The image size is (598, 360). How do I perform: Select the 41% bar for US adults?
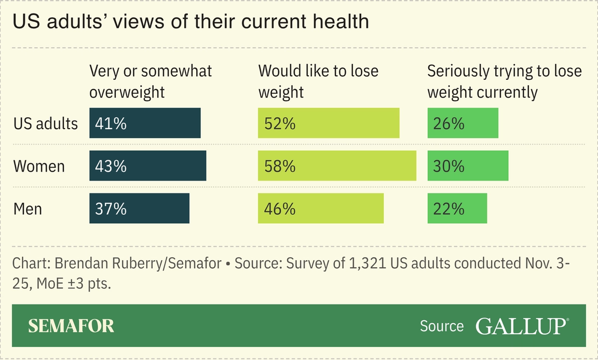click(x=145, y=123)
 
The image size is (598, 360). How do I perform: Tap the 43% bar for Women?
click(x=147, y=166)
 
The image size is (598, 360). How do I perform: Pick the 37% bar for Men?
click(x=139, y=209)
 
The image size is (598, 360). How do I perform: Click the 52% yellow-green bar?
click(x=329, y=123)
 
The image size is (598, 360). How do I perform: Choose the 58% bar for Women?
click(x=337, y=166)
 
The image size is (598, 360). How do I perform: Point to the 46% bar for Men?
click(x=321, y=209)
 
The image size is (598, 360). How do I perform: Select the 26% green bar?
click(x=463, y=123)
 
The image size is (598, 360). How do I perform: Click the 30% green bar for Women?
click(x=468, y=166)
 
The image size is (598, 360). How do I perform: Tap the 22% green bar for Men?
click(x=457, y=209)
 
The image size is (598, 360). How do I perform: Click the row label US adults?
click(x=45, y=123)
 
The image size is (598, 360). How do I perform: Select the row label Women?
click(x=39, y=167)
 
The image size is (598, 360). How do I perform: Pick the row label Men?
click(x=28, y=209)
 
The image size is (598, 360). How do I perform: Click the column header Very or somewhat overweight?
click(x=151, y=81)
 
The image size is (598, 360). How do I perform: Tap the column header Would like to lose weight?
click(x=318, y=81)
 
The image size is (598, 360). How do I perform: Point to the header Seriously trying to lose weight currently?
click(x=504, y=81)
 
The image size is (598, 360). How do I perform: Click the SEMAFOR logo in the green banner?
click(x=71, y=326)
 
